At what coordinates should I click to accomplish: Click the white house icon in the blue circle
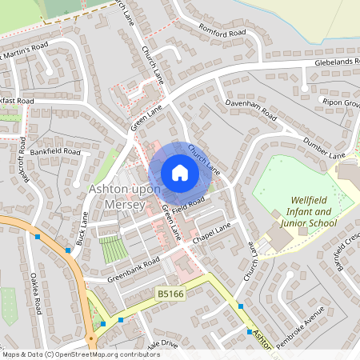tap(179, 173)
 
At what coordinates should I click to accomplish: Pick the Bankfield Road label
tap(56, 150)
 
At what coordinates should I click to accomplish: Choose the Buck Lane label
tap(82, 227)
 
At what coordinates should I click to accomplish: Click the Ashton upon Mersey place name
tap(124, 197)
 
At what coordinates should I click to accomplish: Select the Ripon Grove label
tap(339, 103)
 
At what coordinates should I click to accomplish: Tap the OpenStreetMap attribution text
tap(80, 354)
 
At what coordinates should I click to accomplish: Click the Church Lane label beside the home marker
tap(203, 158)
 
